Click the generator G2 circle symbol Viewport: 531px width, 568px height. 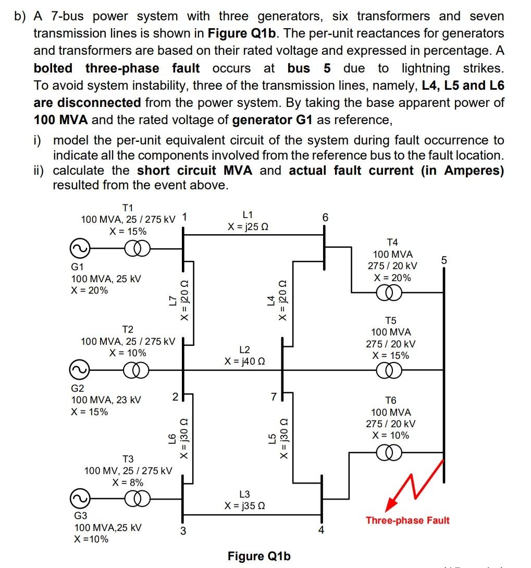[78, 370]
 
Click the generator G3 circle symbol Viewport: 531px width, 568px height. [78, 499]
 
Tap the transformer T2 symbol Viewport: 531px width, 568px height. [138, 370]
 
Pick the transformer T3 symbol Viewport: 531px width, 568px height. [138, 499]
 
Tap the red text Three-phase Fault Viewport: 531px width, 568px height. [407, 520]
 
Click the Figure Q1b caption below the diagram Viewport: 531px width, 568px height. [259, 556]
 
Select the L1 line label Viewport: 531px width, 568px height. [248, 214]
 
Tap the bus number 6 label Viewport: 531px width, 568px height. [325, 217]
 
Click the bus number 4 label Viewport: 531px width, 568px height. [322, 531]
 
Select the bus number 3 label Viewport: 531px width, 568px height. [183, 532]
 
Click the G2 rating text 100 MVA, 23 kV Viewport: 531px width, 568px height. [106, 400]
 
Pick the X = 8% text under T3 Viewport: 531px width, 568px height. [128, 482]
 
